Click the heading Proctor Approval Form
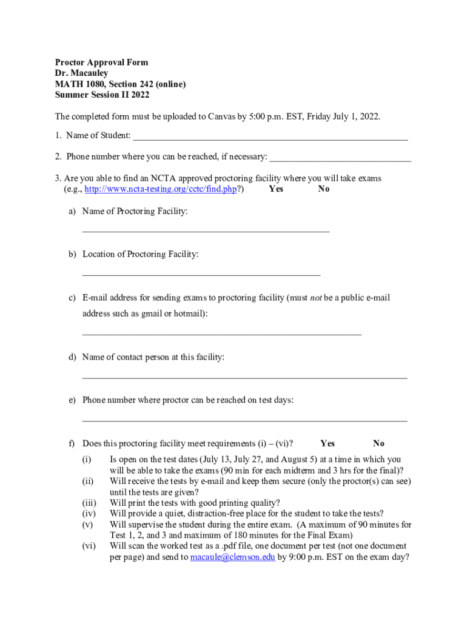[101, 62]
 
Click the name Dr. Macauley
[81, 73]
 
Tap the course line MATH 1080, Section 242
[120, 84]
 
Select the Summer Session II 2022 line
[102, 95]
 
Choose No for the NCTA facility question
[324, 189]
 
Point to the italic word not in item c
[315, 298]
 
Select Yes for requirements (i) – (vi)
[328, 443]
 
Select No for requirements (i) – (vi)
[379, 443]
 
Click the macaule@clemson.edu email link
[233, 557]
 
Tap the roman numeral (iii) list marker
[89, 503]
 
